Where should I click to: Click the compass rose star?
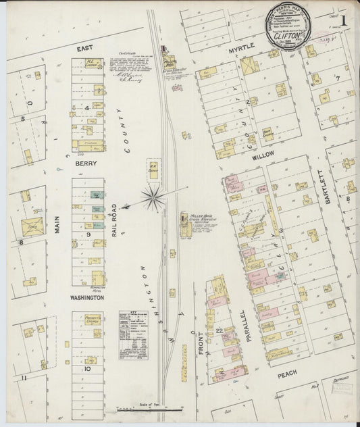[154, 197]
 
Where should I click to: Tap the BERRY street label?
[86, 164]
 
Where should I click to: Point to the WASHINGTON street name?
[86, 297]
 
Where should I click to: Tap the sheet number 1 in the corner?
[343, 21]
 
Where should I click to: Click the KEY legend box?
[133, 334]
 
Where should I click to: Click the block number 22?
[220, 329]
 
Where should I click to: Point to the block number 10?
[88, 370]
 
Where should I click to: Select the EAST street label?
[85, 49]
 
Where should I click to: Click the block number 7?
[337, 78]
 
